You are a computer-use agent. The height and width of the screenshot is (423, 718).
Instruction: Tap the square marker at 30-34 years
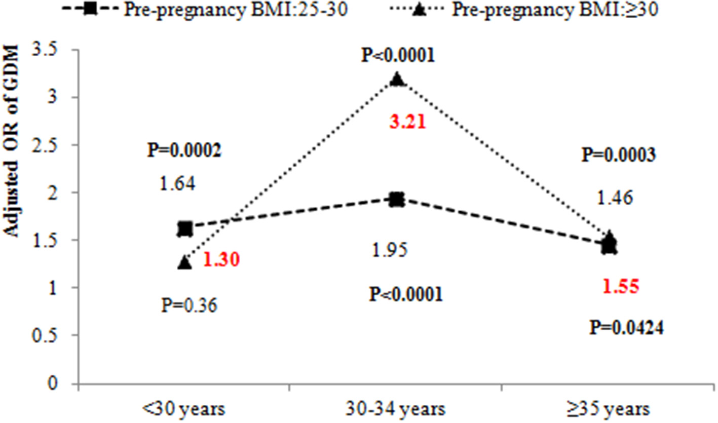(x=396, y=200)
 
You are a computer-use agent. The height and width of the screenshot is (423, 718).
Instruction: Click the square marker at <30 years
(x=185, y=229)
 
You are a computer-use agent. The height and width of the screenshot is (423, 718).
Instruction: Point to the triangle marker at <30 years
(x=185, y=263)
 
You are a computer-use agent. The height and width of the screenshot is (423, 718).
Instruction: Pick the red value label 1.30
(x=221, y=261)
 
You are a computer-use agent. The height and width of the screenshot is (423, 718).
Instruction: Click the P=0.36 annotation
(x=190, y=305)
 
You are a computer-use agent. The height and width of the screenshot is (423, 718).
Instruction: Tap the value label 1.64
(x=178, y=183)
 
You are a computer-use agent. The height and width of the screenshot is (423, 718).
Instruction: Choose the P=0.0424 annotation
(x=627, y=328)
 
